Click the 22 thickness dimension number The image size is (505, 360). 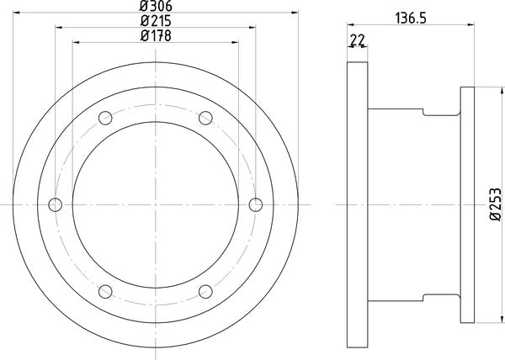point(356,40)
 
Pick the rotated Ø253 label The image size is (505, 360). point(495,204)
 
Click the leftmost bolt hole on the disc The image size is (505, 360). point(56,204)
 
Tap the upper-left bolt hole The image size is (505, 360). point(105,118)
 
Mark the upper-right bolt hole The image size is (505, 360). point(205,118)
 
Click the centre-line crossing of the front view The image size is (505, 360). point(156,204)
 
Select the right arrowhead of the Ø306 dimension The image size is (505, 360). point(296,12)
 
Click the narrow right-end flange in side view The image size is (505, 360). point(467,204)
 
